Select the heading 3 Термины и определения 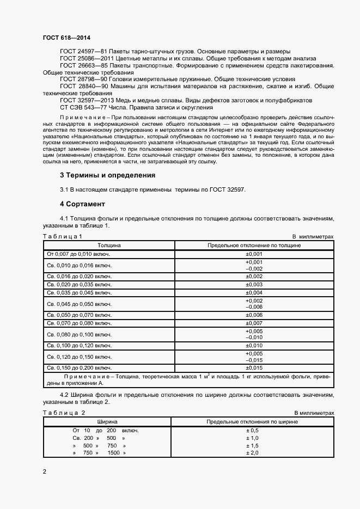pyautogui.click(x=107, y=175)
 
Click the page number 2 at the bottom pyautogui.click(x=44, y=471)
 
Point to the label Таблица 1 pyautogui.click(x=63, y=237)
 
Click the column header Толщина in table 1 pyautogui.click(x=109, y=246)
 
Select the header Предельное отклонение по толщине pyautogui.click(x=254, y=246)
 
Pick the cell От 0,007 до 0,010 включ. pyautogui.click(x=79, y=254)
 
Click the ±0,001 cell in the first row pyautogui.click(x=254, y=254)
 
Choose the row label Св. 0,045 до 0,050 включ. pyautogui.click(x=79, y=304)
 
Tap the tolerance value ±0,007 pyautogui.click(x=254, y=323)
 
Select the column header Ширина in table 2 pyautogui.click(x=107, y=422)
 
